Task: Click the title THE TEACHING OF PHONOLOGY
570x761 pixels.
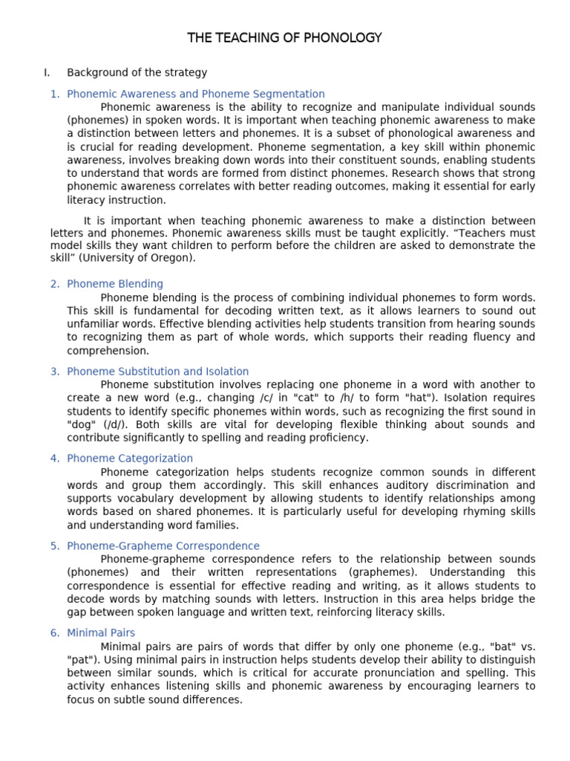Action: tap(285, 37)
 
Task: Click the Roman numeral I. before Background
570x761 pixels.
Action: tap(47, 73)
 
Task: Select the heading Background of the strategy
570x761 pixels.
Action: tap(137, 73)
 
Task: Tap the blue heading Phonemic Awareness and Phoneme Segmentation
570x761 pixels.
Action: tap(195, 94)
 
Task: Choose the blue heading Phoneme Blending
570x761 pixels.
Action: tap(114, 284)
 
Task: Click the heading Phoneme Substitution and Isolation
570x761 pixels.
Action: tap(157, 372)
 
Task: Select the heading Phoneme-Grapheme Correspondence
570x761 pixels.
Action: tap(163, 546)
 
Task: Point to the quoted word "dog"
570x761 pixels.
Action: tap(81, 425)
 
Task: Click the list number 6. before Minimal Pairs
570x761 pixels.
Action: tap(55, 633)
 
